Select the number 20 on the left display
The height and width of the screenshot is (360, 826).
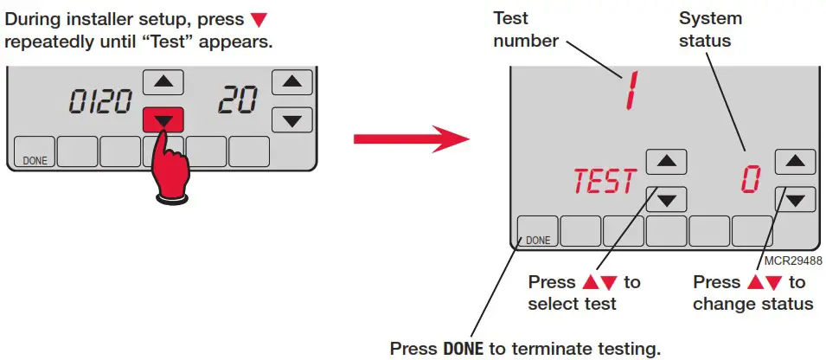pyautogui.click(x=236, y=101)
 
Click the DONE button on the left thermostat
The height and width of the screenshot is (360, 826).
pyautogui.click(x=32, y=151)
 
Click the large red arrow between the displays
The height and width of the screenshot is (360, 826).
pyautogui.click(x=410, y=138)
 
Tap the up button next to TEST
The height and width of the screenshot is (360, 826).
pyautogui.click(x=666, y=162)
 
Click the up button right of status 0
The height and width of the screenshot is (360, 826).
pyautogui.click(x=795, y=161)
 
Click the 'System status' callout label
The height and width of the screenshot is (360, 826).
pyautogui.click(x=710, y=29)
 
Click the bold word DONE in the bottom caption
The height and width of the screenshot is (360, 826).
pyautogui.click(x=463, y=349)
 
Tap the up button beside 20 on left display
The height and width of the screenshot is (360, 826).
pyautogui.click(x=292, y=82)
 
